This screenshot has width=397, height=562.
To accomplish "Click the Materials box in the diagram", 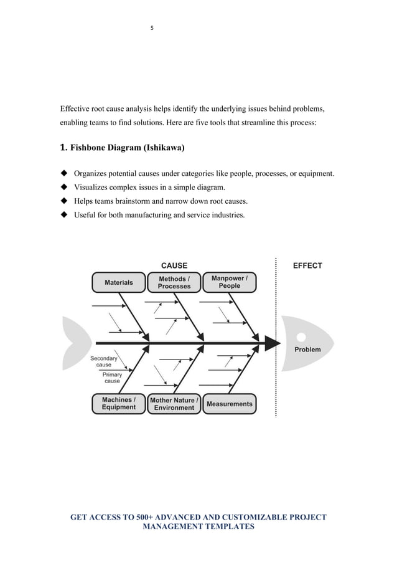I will [x=118, y=282].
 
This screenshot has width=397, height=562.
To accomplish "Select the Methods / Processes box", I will [x=174, y=282].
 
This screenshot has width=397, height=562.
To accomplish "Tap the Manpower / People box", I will [x=229, y=282].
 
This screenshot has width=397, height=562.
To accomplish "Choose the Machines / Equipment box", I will [x=118, y=403].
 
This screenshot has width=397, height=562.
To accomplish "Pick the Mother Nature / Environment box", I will [x=174, y=403].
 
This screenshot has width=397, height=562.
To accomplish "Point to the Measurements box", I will [x=230, y=404].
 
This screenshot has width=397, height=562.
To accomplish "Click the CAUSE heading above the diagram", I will [x=174, y=265].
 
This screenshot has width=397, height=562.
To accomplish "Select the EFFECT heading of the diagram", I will [x=307, y=265].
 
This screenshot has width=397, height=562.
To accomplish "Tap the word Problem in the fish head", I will [x=307, y=350].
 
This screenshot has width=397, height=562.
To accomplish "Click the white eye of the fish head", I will [x=302, y=336].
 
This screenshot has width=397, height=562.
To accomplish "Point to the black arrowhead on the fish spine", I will [x=271, y=343].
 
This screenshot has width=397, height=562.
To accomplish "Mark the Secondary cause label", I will [x=103, y=361].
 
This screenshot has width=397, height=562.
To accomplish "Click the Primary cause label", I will [x=112, y=378].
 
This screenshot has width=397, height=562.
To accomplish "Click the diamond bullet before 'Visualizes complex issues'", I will [x=63, y=186].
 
